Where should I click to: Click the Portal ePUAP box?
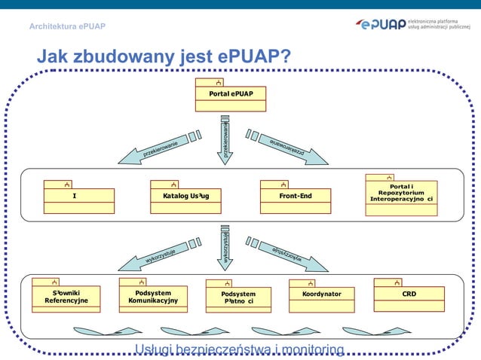231,94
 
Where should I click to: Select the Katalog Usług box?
185,197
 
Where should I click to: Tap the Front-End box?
296,197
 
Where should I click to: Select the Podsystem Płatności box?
238,297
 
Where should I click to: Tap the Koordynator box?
321,294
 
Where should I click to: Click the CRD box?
409,294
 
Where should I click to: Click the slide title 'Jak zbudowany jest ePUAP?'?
164,57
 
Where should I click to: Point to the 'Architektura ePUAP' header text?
67,27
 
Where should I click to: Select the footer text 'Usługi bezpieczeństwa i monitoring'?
239,349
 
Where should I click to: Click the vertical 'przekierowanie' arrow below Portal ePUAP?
225,140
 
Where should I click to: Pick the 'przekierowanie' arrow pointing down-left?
158,149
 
